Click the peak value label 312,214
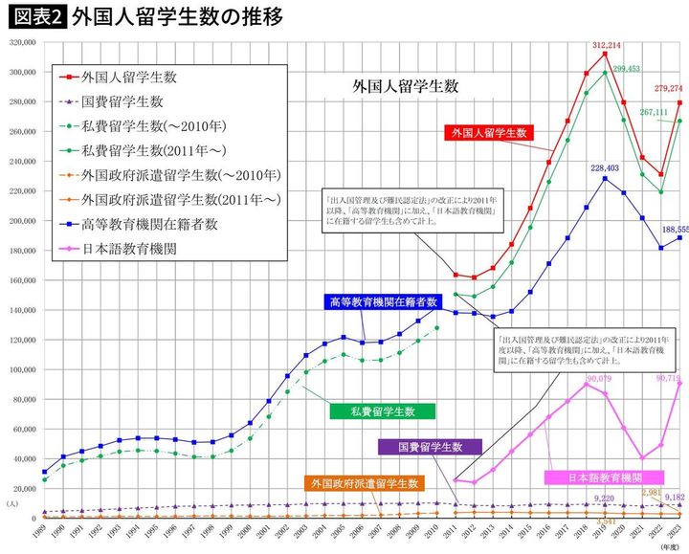click(605, 45)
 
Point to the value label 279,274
click(667, 89)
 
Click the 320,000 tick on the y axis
click(21, 43)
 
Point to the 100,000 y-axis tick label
click(21, 369)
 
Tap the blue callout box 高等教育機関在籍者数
click(383, 300)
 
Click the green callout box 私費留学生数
click(381, 410)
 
